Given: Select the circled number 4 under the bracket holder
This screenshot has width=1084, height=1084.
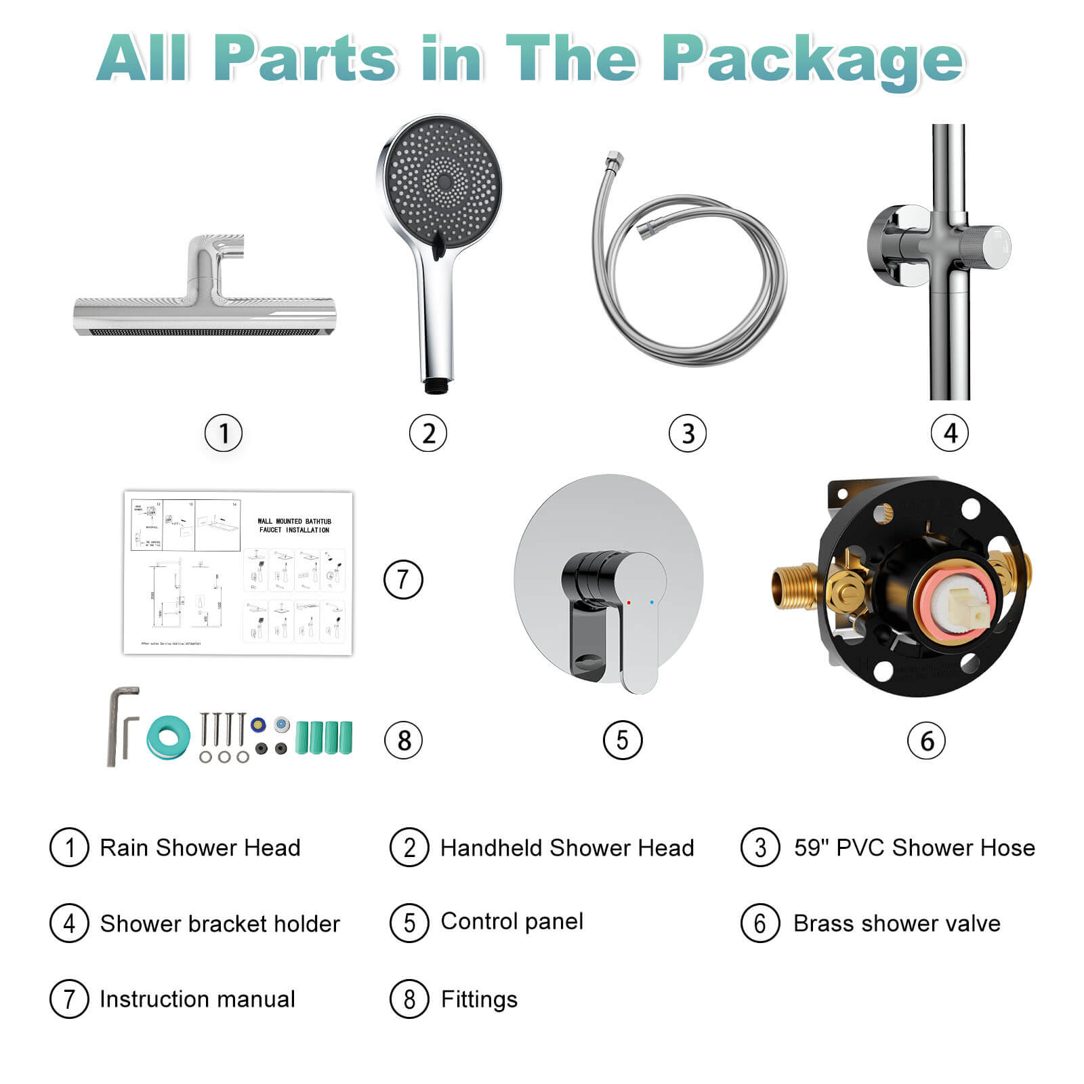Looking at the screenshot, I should pyautogui.click(x=949, y=433).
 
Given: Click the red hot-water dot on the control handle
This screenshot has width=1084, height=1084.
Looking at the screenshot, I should pyautogui.click(x=629, y=602).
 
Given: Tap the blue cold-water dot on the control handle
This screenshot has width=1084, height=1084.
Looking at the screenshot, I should pyautogui.click(x=652, y=602).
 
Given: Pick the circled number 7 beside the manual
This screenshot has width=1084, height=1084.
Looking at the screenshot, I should pyautogui.click(x=403, y=579).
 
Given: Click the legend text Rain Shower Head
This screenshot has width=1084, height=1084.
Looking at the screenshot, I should pyautogui.click(x=200, y=848).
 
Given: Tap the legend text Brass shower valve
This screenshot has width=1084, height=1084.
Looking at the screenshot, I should pyautogui.click(x=896, y=923).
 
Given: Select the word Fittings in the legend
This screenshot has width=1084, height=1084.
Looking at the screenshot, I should pyautogui.click(x=479, y=999).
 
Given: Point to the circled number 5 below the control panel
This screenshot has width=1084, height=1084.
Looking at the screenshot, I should pyautogui.click(x=622, y=740).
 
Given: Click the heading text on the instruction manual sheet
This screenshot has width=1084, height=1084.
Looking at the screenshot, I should pyautogui.click(x=294, y=526).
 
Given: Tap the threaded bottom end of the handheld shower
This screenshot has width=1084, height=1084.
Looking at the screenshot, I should pyautogui.click(x=434, y=387).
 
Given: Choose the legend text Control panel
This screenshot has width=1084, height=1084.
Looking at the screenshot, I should pyautogui.click(x=512, y=921).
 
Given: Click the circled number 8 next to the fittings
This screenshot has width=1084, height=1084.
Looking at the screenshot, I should pyautogui.click(x=403, y=740).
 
